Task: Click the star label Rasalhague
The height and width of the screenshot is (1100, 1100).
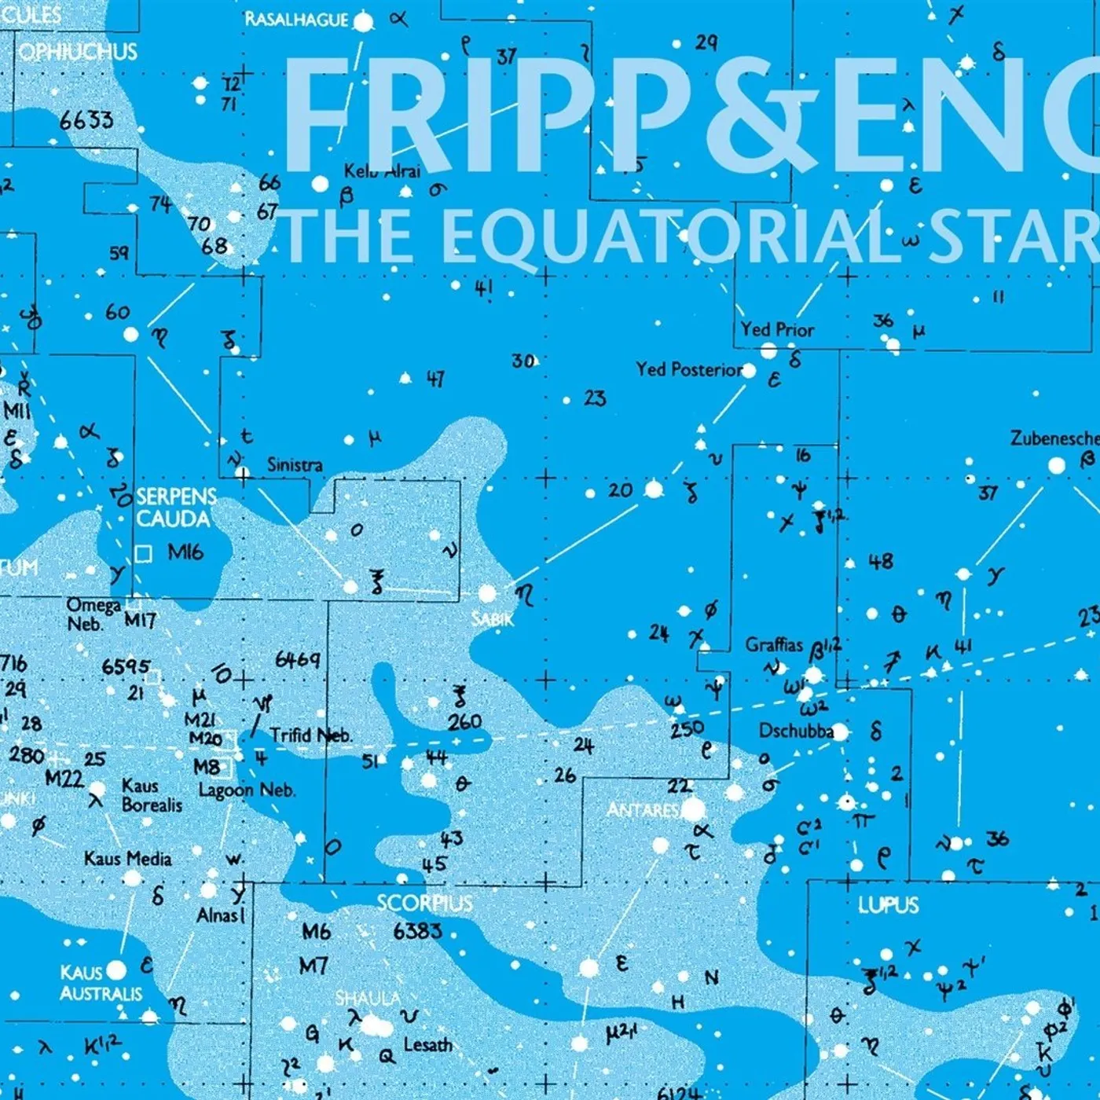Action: pyautogui.click(x=296, y=19)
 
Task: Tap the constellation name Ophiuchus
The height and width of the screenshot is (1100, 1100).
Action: pyautogui.click(x=78, y=52)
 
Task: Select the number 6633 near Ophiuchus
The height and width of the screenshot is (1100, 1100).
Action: pyautogui.click(x=86, y=120)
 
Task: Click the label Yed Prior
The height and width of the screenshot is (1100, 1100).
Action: pyautogui.click(x=777, y=329)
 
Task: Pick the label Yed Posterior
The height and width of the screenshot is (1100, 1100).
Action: pyautogui.click(x=689, y=368)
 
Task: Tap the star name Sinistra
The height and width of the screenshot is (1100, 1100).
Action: pyautogui.click(x=295, y=464)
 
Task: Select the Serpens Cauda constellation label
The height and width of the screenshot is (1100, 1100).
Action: pyautogui.click(x=175, y=508)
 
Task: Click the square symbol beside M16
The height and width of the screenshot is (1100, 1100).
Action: pyautogui.click(x=143, y=554)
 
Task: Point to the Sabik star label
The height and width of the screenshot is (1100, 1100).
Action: pyautogui.click(x=493, y=619)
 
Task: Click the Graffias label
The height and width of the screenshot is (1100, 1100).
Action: pyautogui.click(x=774, y=645)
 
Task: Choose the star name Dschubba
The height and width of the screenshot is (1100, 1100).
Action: pyautogui.click(x=795, y=731)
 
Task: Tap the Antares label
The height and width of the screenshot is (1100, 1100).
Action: pyautogui.click(x=643, y=809)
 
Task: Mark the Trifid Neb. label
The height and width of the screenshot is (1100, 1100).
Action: pyautogui.click(x=311, y=735)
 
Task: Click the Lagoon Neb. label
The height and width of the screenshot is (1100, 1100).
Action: pyautogui.click(x=247, y=790)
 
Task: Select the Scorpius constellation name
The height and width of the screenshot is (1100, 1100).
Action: pyautogui.click(x=424, y=903)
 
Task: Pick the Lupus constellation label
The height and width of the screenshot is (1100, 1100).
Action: pyautogui.click(x=888, y=905)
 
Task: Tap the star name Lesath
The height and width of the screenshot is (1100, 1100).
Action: pyautogui.click(x=428, y=1045)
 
